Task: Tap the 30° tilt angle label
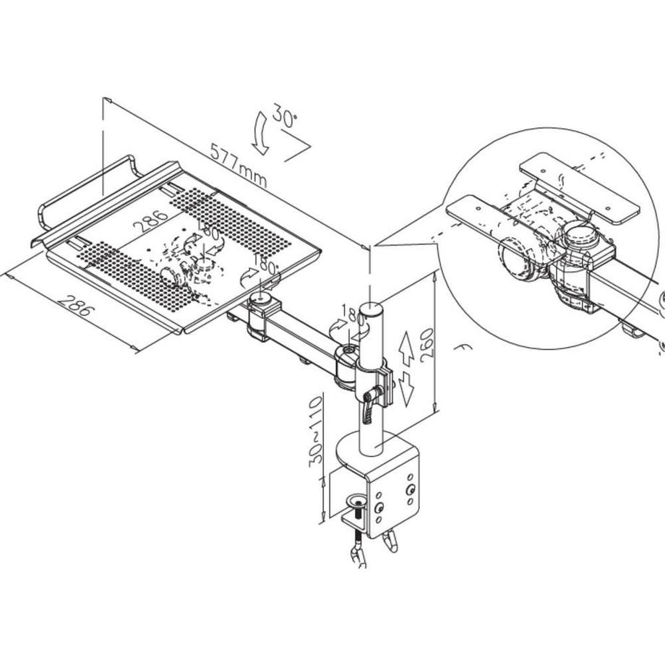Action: pyautogui.click(x=284, y=117)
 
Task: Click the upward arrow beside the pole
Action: pyautogui.click(x=406, y=348)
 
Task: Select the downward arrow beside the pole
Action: pyautogui.click(x=406, y=390)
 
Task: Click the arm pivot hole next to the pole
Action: pyautogui.click(x=348, y=353)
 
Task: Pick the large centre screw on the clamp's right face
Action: pyautogui.click(x=411, y=491)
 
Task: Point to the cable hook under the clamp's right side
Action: pyautogui.click(x=392, y=542)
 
